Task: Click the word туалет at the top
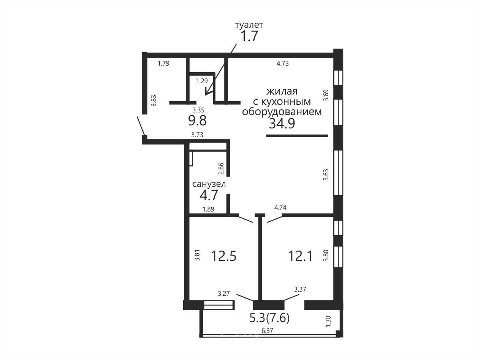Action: point(249,25)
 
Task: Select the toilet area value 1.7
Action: point(249,36)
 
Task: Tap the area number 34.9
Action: point(282,123)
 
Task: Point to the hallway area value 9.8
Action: point(197,121)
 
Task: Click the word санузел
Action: point(209,184)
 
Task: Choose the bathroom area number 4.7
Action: point(209,195)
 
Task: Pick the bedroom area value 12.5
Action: point(224,256)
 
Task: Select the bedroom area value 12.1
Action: point(301,256)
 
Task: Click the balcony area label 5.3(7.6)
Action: point(269,318)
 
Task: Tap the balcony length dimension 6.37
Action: point(267,331)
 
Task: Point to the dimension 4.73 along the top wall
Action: point(282,63)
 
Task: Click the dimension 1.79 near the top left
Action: point(163,63)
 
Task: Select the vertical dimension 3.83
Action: point(154,101)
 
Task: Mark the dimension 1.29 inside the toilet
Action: point(202,81)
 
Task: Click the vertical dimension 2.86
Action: point(221,169)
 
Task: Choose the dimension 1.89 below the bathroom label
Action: point(208,209)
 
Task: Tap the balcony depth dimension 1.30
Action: point(328,322)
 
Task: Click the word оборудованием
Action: point(282,112)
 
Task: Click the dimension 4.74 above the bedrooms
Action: point(280,207)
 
